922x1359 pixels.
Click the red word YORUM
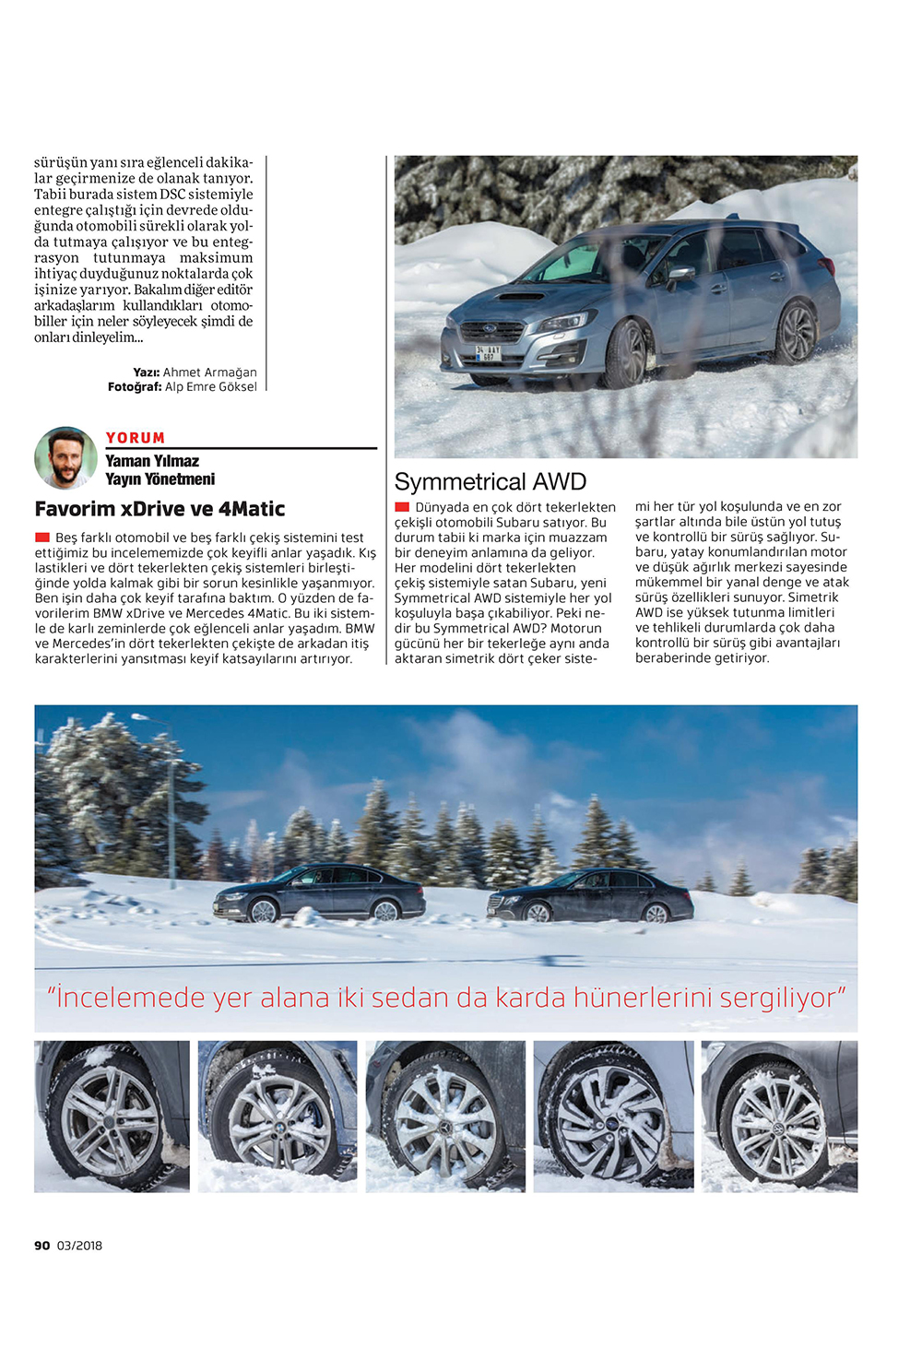pos(136,438)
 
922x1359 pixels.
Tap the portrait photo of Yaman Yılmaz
pos(65,457)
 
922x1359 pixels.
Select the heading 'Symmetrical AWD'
pos(490,481)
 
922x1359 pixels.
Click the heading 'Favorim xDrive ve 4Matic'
pos(160,509)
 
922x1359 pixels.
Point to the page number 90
pos(42,1246)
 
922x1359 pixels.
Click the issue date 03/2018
pos(80,1246)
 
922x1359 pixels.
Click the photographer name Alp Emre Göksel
pos(211,387)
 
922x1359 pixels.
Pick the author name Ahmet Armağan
pos(210,372)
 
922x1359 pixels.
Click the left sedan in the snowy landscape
pos(319,892)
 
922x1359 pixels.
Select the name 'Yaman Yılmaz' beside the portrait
pos(152,461)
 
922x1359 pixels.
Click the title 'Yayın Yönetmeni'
pos(160,479)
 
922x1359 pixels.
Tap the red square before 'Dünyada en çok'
pos(402,507)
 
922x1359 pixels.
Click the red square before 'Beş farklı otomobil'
pos(42,538)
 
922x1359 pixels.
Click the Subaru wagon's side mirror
pos(680,273)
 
